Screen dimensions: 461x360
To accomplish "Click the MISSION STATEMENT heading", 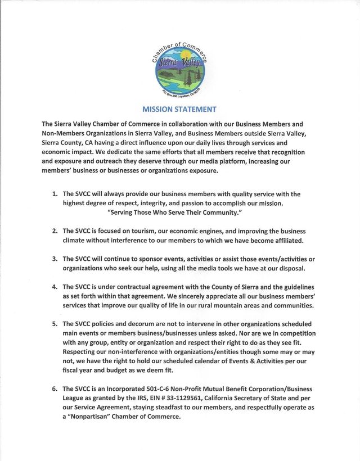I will pyautogui.click(x=179, y=109).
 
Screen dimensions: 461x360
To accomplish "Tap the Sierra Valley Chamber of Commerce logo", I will pyautogui.click(x=179, y=69).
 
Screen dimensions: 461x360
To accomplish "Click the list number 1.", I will pyautogui.click(x=55, y=194).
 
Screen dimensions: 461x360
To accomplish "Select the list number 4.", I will pyautogui.click(x=55, y=286).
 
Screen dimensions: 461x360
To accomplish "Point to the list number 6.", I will pyautogui.click(x=55, y=388).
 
